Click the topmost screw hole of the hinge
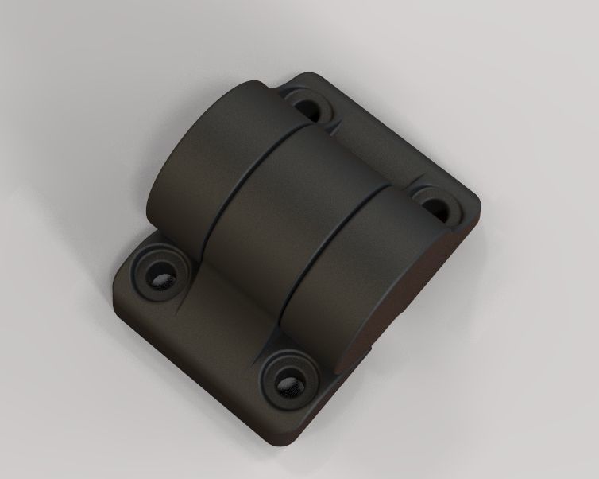tap(308, 104)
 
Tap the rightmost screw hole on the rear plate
tap(436, 204)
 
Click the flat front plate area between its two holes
tap(218, 334)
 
